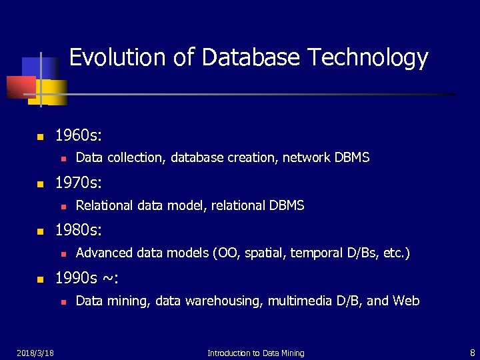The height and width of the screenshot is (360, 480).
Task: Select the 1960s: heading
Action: [x=79, y=137]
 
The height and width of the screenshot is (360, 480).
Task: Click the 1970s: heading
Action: [x=79, y=182]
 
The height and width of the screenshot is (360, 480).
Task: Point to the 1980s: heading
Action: [x=79, y=230]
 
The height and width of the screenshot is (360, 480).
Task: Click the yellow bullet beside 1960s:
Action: [x=39, y=137]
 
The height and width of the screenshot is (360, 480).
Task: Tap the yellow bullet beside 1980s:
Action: [x=39, y=231]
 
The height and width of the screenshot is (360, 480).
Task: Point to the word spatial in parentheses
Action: [x=265, y=253]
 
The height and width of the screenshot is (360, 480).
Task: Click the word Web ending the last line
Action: [x=406, y=301]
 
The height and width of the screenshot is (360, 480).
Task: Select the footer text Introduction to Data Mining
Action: [x=255, y=353]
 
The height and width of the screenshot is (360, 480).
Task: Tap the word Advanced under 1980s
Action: [x=104, y=253]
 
